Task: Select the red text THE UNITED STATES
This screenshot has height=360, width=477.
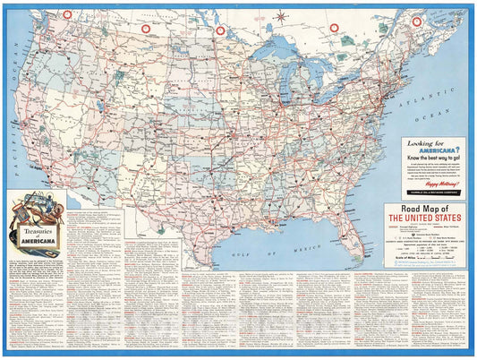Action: click(x=426, y=219)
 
